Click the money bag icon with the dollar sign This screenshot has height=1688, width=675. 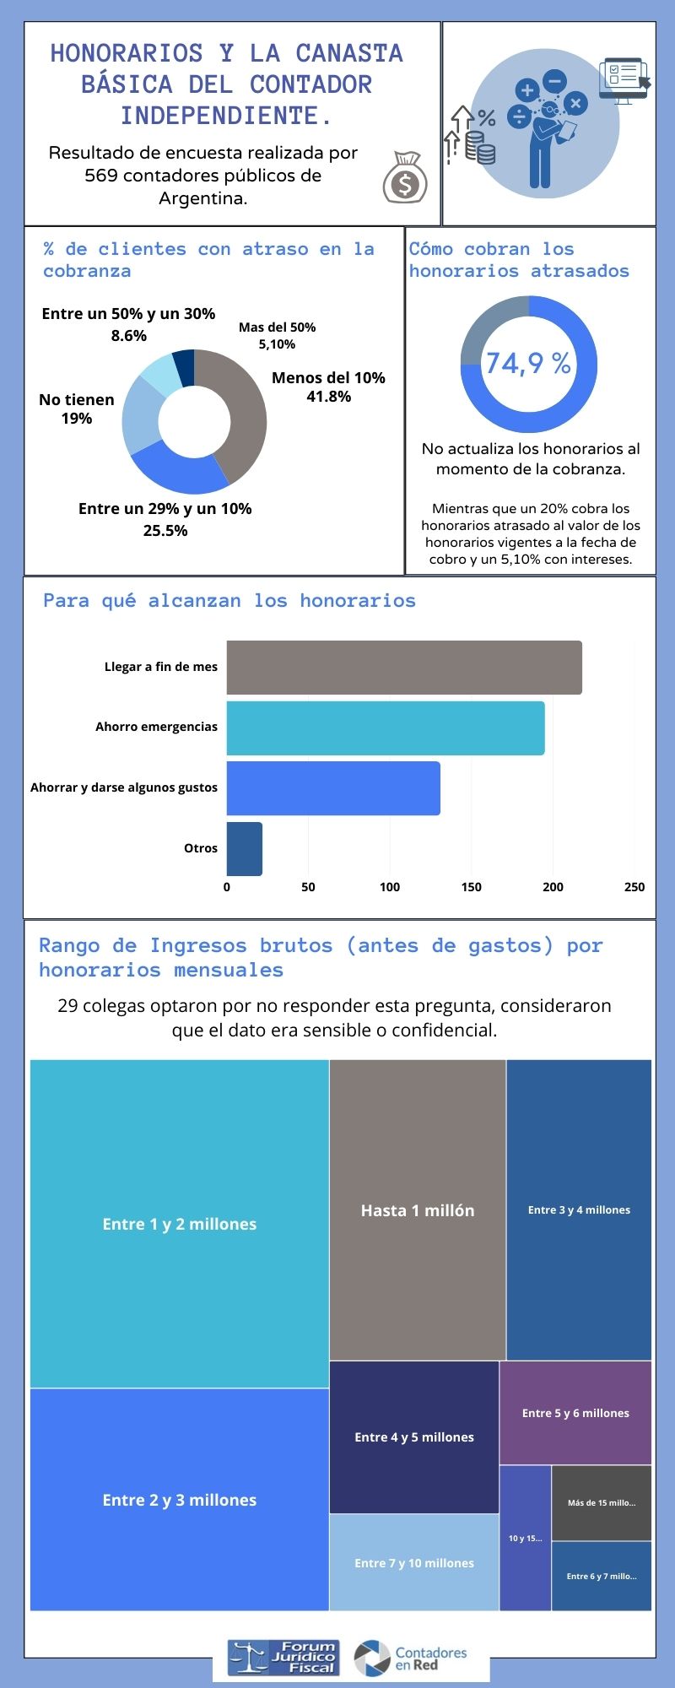pos(405,177)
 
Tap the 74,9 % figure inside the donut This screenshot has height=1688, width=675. pos(528,364)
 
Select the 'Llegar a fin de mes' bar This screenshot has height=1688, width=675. pos(404,668)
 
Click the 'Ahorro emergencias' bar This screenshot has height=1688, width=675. pos(386,728)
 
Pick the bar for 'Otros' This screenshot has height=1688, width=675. pos(245,849)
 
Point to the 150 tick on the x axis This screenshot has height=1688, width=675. pos(471,887)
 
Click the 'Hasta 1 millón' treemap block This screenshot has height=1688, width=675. pos(418,1210)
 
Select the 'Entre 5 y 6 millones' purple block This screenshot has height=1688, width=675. pos(575,1413)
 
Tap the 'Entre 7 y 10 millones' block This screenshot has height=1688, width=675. pos(414,1563)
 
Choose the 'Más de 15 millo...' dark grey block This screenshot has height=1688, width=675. pos(602,1503)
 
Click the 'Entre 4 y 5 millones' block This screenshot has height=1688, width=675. pos(414,1437)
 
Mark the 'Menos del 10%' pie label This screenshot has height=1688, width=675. pos(328,387)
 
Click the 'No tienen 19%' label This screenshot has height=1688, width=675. pos(77,408)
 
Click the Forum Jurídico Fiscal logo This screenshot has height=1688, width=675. pos(283,1658)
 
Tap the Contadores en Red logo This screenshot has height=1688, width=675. pos(411,1658)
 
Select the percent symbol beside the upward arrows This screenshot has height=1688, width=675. pos(487,117)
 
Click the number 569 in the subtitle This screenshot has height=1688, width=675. pos(101,176)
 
